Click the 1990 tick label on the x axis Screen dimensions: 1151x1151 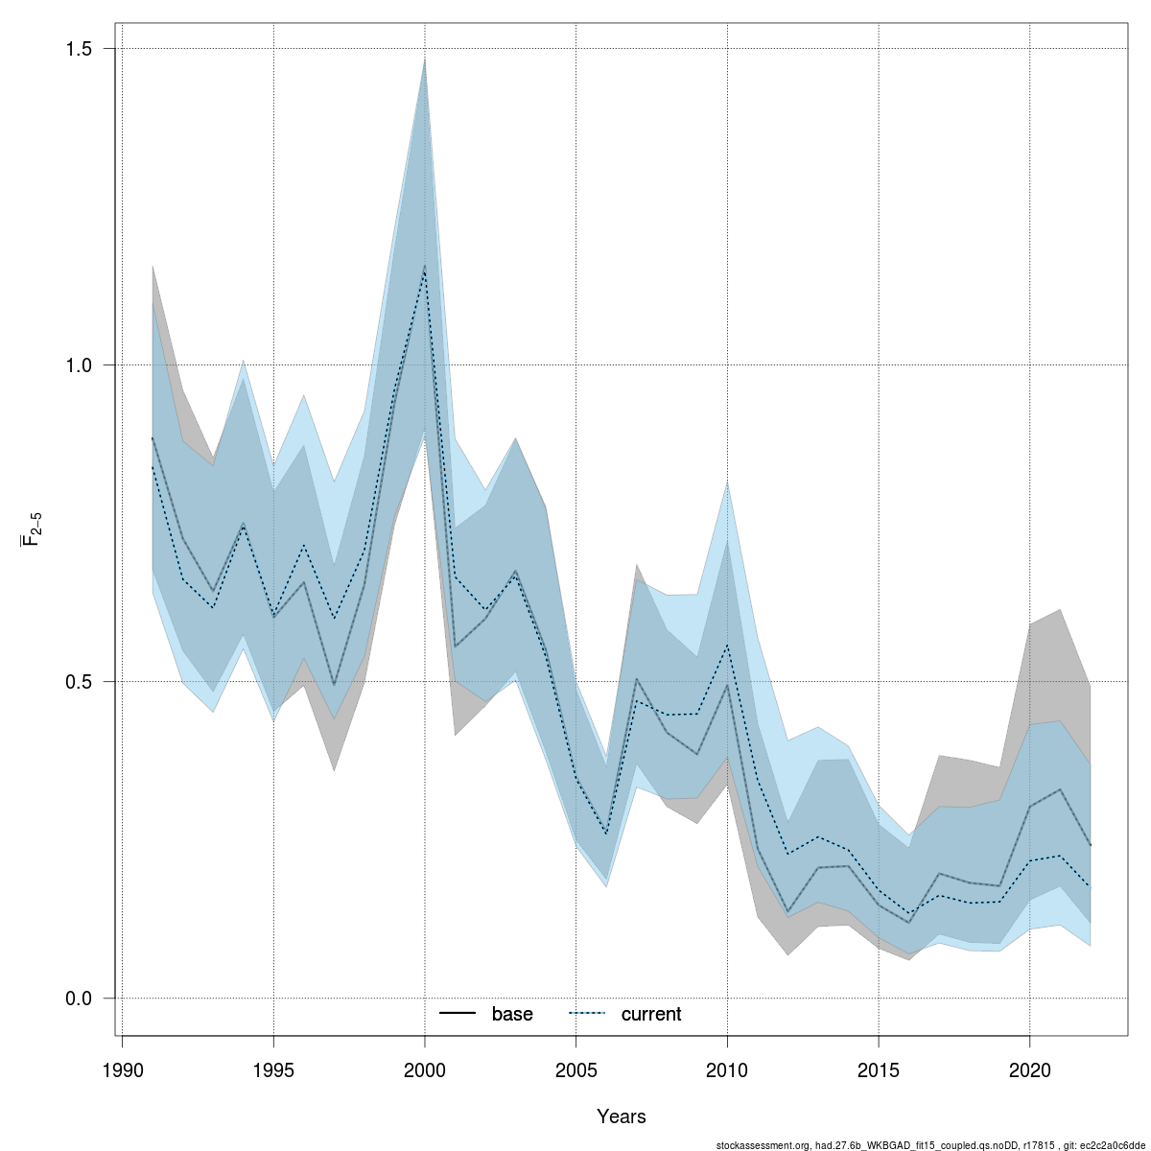coord(122,1069)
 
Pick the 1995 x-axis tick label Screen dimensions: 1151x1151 coord(273,1069)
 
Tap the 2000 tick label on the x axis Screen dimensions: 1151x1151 coord(425,1069)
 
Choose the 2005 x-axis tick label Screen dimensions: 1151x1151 coord(575,1069)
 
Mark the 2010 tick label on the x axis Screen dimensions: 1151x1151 coord(727,1069)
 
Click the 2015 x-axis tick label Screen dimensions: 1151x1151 coord(878,1069)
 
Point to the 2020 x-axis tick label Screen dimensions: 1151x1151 coord(1029,1069)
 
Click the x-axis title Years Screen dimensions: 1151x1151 coord(622,1116)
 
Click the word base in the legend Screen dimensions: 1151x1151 coord(512,1014)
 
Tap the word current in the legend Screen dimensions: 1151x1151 coord(651,1014)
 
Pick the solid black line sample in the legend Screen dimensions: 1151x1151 coord(458,1014)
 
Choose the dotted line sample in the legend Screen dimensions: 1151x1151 coord(588,1014)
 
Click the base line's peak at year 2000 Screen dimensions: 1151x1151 coord(425,266)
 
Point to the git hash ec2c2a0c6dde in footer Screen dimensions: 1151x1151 coord(1116,1145)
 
